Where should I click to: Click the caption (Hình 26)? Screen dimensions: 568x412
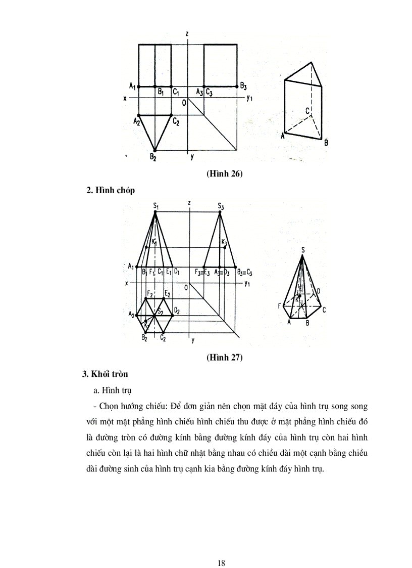[x=225, y=174]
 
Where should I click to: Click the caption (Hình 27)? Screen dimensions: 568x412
[x=225, y=358]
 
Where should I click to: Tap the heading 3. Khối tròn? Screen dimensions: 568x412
[x=105, y=374]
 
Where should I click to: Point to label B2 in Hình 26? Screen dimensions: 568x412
[x=152, y=157]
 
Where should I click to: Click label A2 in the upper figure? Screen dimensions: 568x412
[x=136, y=121]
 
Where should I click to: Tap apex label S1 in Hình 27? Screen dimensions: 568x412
[x=156, y=206]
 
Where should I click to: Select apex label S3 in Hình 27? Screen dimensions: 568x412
[x=220, y=206]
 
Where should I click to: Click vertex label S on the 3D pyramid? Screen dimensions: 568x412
[x=302, y=249]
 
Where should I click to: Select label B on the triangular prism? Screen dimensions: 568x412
[x=326, y=143]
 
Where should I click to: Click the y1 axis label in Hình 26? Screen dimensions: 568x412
[x=248, y=99]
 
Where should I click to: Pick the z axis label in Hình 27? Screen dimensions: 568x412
[x=188, y=203]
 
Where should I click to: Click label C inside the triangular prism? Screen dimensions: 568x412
[x=307, y=110]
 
